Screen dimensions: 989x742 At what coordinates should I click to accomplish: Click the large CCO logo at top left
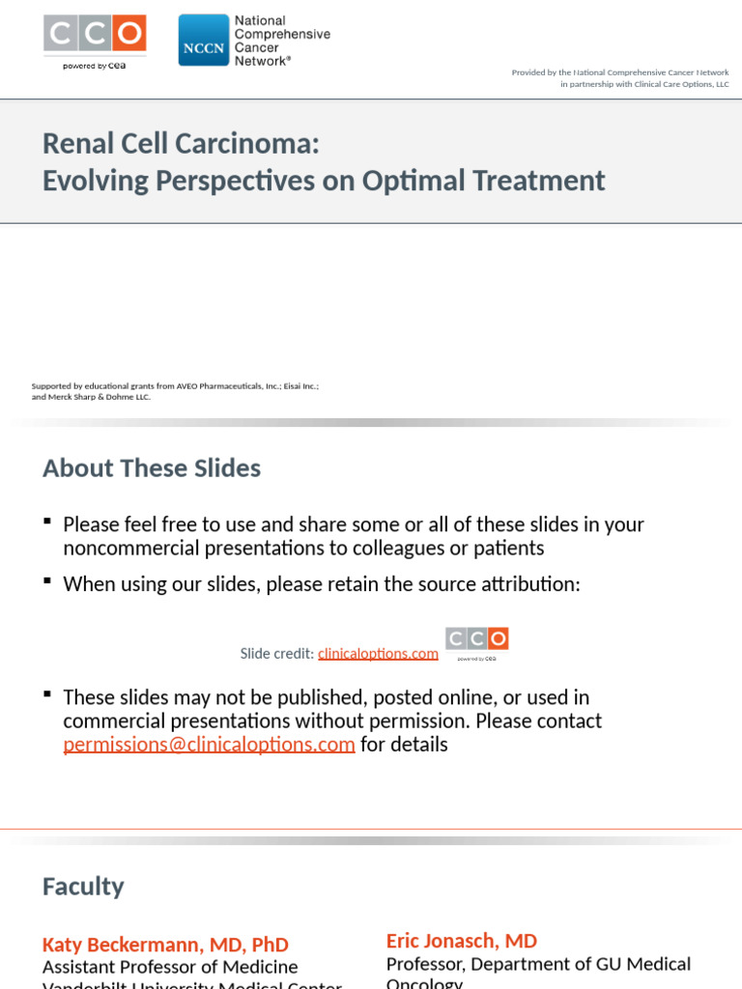95,34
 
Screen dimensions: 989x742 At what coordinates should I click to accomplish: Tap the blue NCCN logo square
203,41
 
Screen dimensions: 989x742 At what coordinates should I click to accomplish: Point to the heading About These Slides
152,468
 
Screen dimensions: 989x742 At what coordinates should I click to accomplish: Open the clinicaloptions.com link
378,654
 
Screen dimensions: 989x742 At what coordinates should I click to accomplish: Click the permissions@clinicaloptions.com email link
209,745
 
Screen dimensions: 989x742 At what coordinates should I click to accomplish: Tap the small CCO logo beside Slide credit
476,639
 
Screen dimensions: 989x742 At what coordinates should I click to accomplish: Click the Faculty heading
83,887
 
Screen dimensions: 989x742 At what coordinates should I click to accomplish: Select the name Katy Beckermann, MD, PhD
165,945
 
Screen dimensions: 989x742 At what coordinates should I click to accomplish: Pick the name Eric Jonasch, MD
462,941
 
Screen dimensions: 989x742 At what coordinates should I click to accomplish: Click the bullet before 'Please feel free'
47,523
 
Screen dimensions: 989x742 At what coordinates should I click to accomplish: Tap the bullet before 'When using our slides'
47,582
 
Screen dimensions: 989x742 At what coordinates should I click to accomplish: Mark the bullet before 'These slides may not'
47,695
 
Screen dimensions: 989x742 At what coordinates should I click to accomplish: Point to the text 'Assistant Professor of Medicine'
170,967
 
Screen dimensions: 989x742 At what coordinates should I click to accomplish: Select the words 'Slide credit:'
277,654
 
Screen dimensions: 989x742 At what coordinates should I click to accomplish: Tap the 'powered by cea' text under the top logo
95,66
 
